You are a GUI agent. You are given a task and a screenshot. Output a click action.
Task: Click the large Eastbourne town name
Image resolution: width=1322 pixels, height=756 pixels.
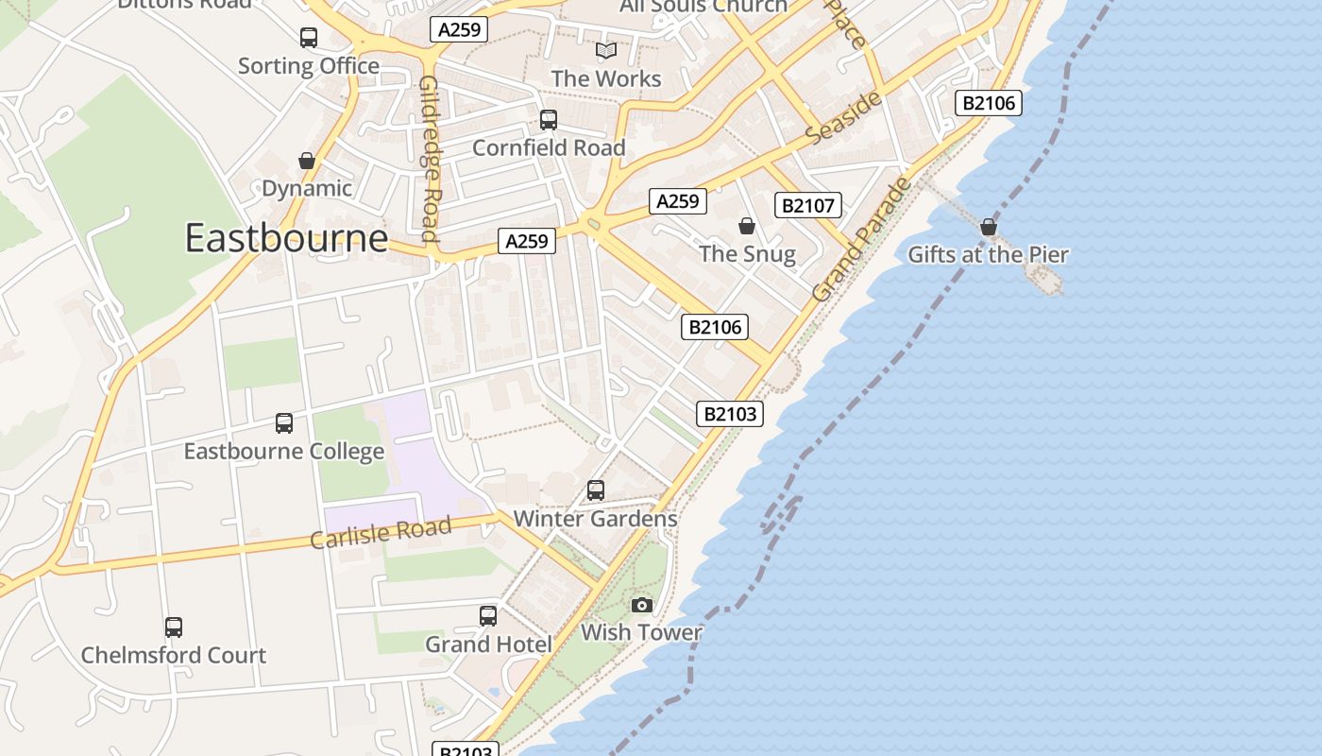[286, 238]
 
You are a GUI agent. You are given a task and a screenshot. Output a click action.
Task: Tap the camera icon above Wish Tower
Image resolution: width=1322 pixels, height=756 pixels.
[642, 605]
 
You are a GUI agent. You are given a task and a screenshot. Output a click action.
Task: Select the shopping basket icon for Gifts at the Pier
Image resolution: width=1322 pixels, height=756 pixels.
[989, 227]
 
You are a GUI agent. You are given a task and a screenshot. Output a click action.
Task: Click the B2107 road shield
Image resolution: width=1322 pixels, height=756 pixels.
[807, 205]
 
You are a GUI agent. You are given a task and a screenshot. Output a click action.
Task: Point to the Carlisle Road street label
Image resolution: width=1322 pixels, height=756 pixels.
[381, 532]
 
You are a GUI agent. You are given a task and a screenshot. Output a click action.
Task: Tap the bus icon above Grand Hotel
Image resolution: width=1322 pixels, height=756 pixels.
[488, 616]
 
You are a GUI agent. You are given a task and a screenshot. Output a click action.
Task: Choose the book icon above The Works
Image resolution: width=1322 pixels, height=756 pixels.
[606, 50]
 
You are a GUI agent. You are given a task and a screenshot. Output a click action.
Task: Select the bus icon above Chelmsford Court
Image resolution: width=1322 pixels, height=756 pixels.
[174, 627]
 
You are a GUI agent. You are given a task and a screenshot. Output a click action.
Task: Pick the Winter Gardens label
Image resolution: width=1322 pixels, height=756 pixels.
[595, 519]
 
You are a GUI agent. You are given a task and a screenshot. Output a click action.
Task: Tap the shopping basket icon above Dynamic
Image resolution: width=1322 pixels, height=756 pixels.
[307, 161]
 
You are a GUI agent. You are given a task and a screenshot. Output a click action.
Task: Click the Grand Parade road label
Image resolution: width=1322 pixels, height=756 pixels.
[862, 240]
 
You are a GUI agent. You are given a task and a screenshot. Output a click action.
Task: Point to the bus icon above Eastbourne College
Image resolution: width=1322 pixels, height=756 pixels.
[284, 422]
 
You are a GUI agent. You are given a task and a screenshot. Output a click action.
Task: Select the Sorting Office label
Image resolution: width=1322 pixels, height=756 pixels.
[309, 66]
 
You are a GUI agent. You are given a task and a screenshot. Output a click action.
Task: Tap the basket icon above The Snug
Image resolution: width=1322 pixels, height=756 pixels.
[747, 226]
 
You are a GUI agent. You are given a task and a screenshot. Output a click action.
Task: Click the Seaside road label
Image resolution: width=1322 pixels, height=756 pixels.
[843, 118]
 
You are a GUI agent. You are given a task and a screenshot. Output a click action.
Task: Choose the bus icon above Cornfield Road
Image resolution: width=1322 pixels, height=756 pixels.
[549, 120]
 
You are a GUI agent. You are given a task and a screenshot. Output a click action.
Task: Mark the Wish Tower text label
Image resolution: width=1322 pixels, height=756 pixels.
[642, 633]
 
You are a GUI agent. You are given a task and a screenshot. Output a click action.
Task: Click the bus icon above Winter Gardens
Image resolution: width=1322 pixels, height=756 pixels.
[596, 490]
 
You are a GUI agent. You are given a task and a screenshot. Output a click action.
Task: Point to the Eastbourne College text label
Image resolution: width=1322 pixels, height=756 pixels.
[284, 452]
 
